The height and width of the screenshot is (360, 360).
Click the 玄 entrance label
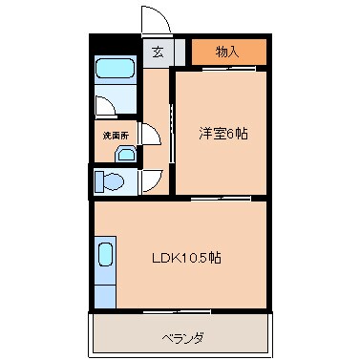[157, 52]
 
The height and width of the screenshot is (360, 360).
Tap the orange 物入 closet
[228, 52]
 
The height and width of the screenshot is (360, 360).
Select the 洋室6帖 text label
[224, 135]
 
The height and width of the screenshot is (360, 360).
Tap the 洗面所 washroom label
[115, 136]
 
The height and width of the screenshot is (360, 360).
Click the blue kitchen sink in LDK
[105, 259]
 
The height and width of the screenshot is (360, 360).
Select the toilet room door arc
[153, 179]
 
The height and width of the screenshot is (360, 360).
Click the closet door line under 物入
[228, 67]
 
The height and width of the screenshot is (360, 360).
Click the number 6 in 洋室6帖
[235, 135]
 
